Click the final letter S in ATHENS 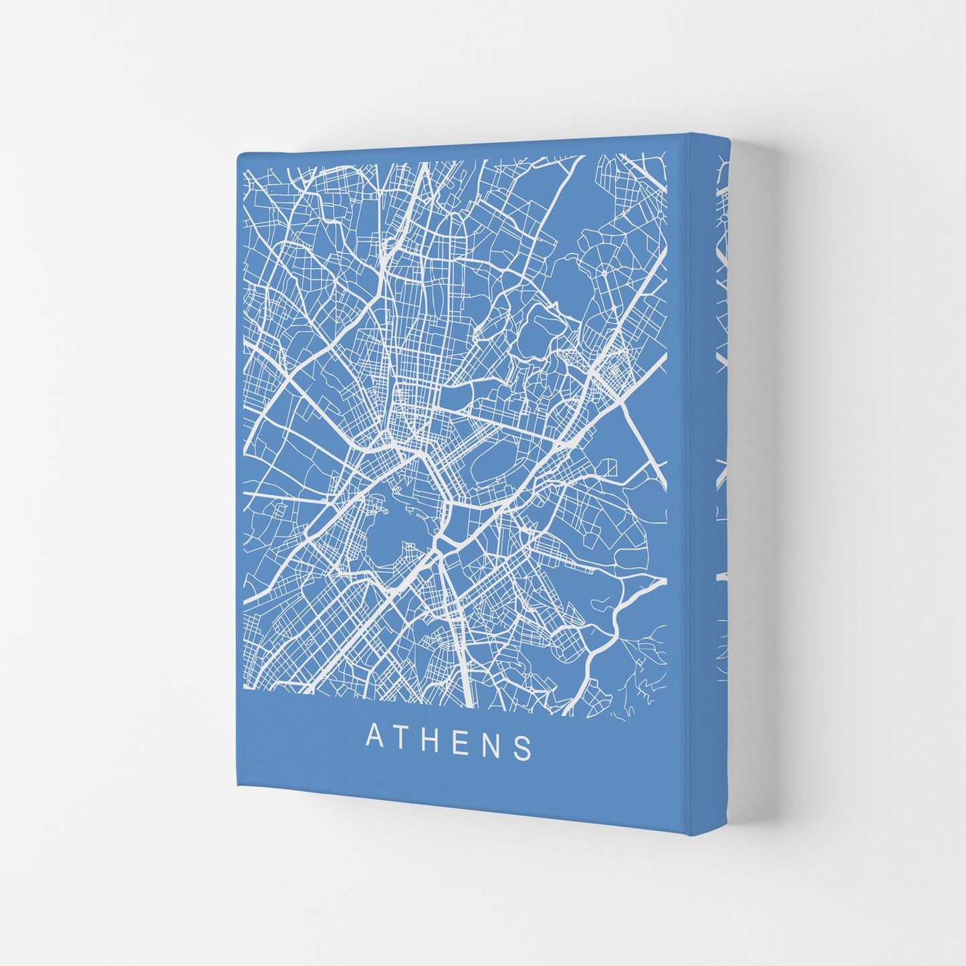click(525, 749)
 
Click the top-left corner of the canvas click(238, 154)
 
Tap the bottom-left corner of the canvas click(239, 786)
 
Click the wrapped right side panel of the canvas click(710, 468)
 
